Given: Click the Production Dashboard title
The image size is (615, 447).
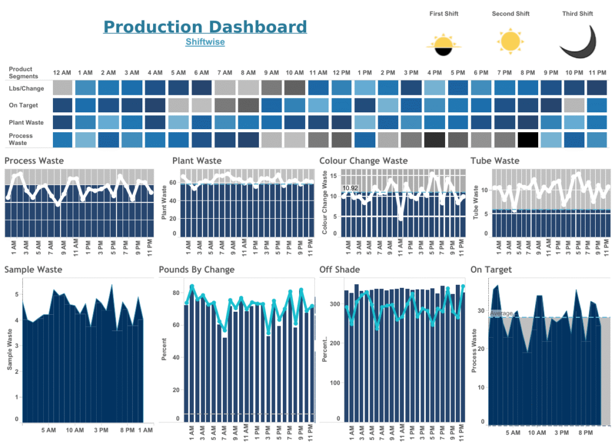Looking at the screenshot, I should coord(205,27).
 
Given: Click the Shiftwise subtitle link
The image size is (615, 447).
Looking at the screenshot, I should coord(205,42).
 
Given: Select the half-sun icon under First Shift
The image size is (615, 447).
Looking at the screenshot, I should coord(443,44).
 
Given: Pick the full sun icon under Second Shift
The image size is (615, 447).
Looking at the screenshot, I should coord(511,41).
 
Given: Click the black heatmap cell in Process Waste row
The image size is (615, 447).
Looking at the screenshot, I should coord(527,139).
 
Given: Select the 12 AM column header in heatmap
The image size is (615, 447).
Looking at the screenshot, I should coord(62,73).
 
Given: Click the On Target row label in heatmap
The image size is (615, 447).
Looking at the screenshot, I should coord(23,105).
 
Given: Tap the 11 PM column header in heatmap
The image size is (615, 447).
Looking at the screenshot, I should coord(597,73).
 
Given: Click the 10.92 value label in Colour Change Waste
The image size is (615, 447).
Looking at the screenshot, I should coord(350,188).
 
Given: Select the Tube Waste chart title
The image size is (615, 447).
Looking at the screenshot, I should coord(495,161).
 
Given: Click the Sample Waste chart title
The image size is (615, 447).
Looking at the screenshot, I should coord(33,270).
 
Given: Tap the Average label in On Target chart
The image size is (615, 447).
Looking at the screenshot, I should coord(501,314).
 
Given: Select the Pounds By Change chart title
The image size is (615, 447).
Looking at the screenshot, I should coord(196,270).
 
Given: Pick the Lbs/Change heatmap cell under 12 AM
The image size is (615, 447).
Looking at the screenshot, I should coord(62,88).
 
